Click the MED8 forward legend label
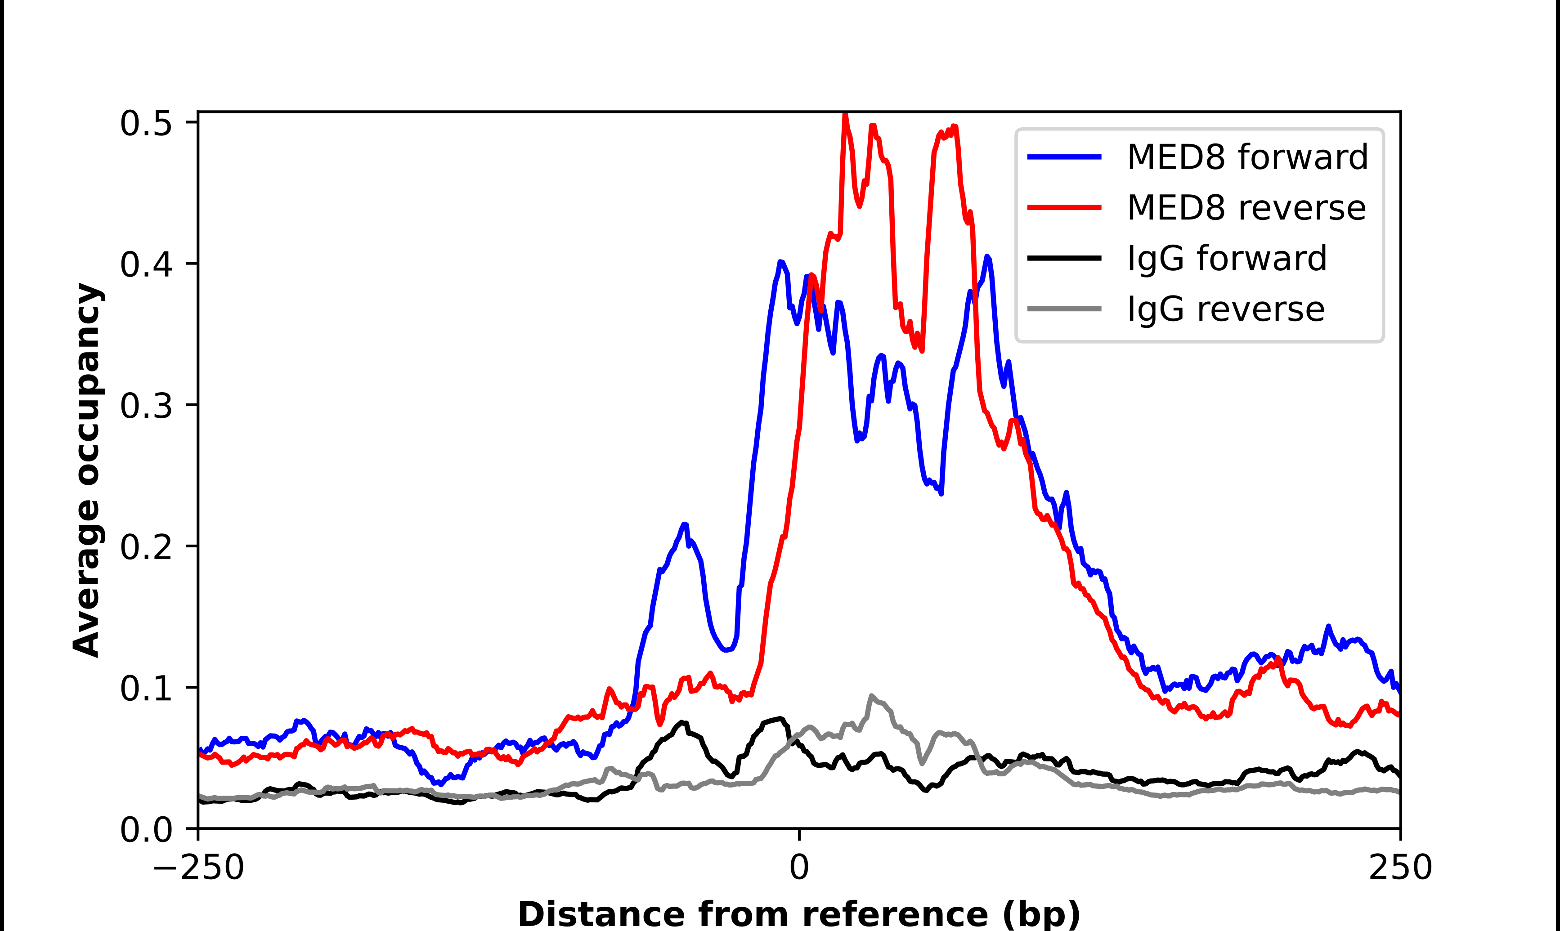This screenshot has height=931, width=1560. click(x=1247, y=157)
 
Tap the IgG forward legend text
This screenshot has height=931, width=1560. click(x=1227, y=259)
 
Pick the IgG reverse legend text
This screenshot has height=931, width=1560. click(x=1226, y=309)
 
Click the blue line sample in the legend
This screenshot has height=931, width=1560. click(x=1064, y=157)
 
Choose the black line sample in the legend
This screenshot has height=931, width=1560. click(x=1064, y=258)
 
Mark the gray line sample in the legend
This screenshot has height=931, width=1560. click(x=1064, y=309)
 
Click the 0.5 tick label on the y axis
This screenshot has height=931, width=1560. click(x=146, y=124)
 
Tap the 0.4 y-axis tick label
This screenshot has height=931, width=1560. click(x=146, y=264)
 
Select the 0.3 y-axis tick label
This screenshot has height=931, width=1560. click(x=146, y=406)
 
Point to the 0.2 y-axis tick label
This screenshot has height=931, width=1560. click(x=146, y=547)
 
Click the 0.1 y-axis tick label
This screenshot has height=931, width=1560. click(x=146, y=688)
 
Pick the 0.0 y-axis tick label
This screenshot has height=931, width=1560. click(x=146, y=830)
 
